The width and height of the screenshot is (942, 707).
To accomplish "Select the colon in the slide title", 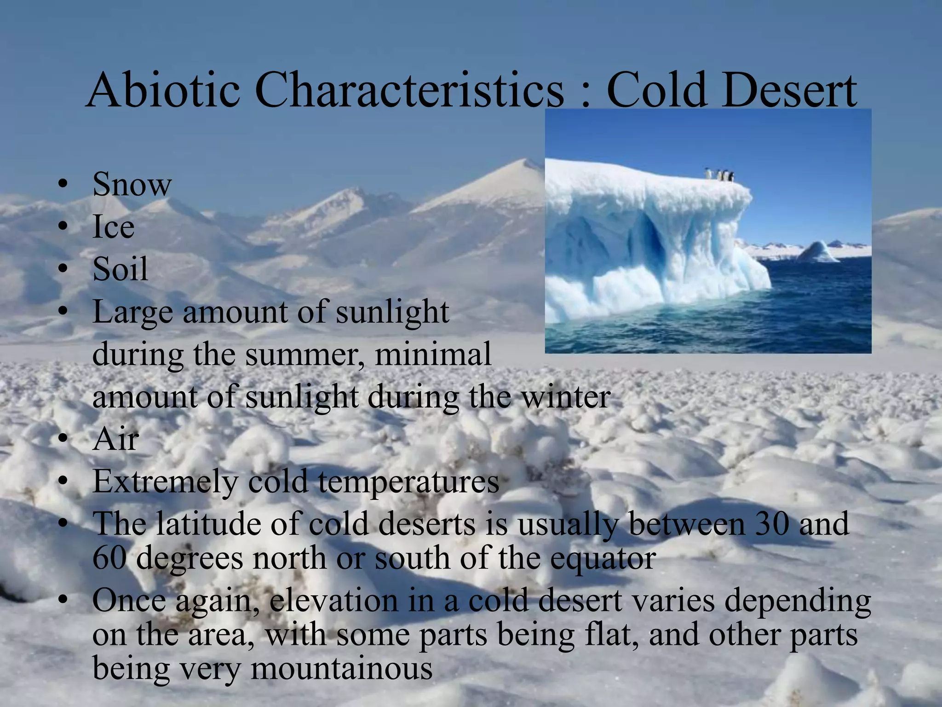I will tap(585, 94).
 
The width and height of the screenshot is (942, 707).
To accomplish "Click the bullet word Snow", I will tap(132, 184).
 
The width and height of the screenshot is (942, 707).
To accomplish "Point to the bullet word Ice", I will tap(113, 227).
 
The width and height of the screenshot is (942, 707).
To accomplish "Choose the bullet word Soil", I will tap(120, 269).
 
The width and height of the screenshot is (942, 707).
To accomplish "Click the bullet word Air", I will tap(115, 439).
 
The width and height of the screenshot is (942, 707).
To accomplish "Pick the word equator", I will tap(603, 559).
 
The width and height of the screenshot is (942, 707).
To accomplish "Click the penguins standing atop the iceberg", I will tap(720, 175).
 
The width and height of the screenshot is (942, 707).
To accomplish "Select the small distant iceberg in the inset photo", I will tap(819, 252).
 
